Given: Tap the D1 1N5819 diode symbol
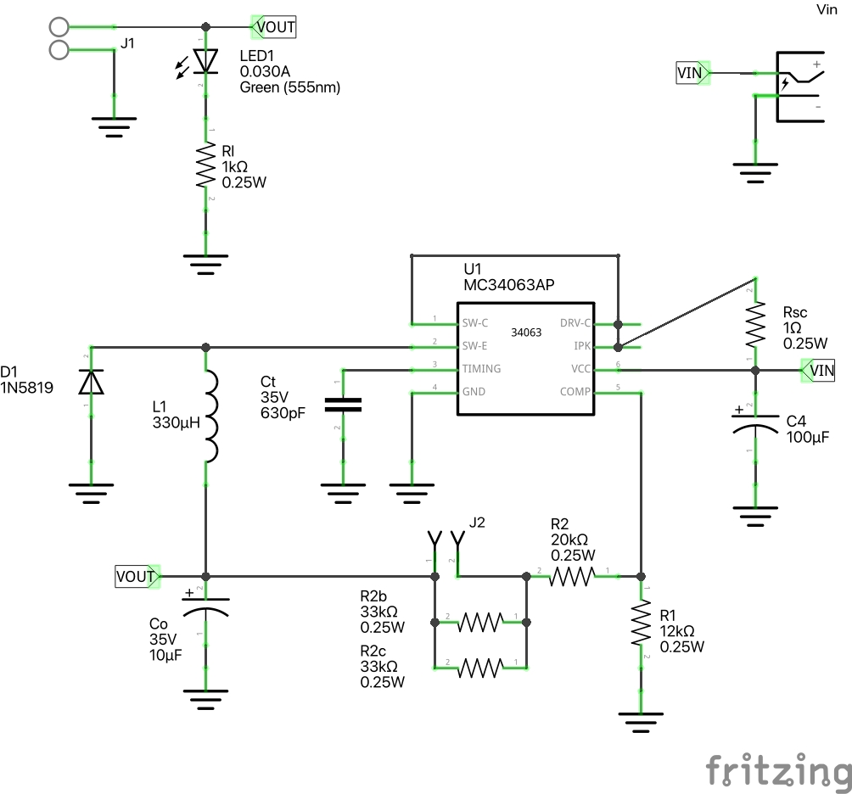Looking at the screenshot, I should [x=91, y=383].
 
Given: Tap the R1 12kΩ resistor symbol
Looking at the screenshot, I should [x=641, y=626].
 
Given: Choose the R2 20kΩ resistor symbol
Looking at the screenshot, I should [x=573, y=577].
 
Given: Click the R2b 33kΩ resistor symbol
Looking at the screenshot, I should [x=480, y=623].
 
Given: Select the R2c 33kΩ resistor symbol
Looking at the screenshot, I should [x=480, y=668].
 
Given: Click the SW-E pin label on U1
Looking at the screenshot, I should [x=475, y=346].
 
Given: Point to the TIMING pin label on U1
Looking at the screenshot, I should [x=481, y=369].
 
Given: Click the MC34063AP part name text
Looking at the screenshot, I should [x=509, y=285].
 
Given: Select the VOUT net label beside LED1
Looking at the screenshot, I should [x=275, y=27].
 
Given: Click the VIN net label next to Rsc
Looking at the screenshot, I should [x=821, y=370].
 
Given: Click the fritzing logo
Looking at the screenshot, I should [x=778, y=771].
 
